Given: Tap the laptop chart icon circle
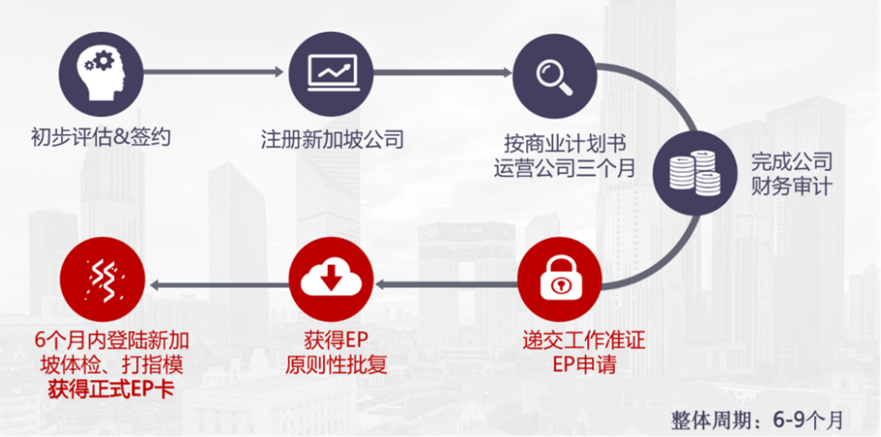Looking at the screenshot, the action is click(330, 73).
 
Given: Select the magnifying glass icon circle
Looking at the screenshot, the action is click(555, 73).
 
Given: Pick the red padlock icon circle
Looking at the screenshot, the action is click(557, 282).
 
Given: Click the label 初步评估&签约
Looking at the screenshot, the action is click(101, 138).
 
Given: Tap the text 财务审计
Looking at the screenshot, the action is click(790, 186).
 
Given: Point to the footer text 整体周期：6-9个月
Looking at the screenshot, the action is click(756, 420).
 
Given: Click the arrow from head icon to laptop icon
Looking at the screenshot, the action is click(216, 73).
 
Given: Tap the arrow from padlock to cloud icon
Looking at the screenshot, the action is click(445, 284).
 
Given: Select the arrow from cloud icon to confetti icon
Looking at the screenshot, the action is click(217, 284).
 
